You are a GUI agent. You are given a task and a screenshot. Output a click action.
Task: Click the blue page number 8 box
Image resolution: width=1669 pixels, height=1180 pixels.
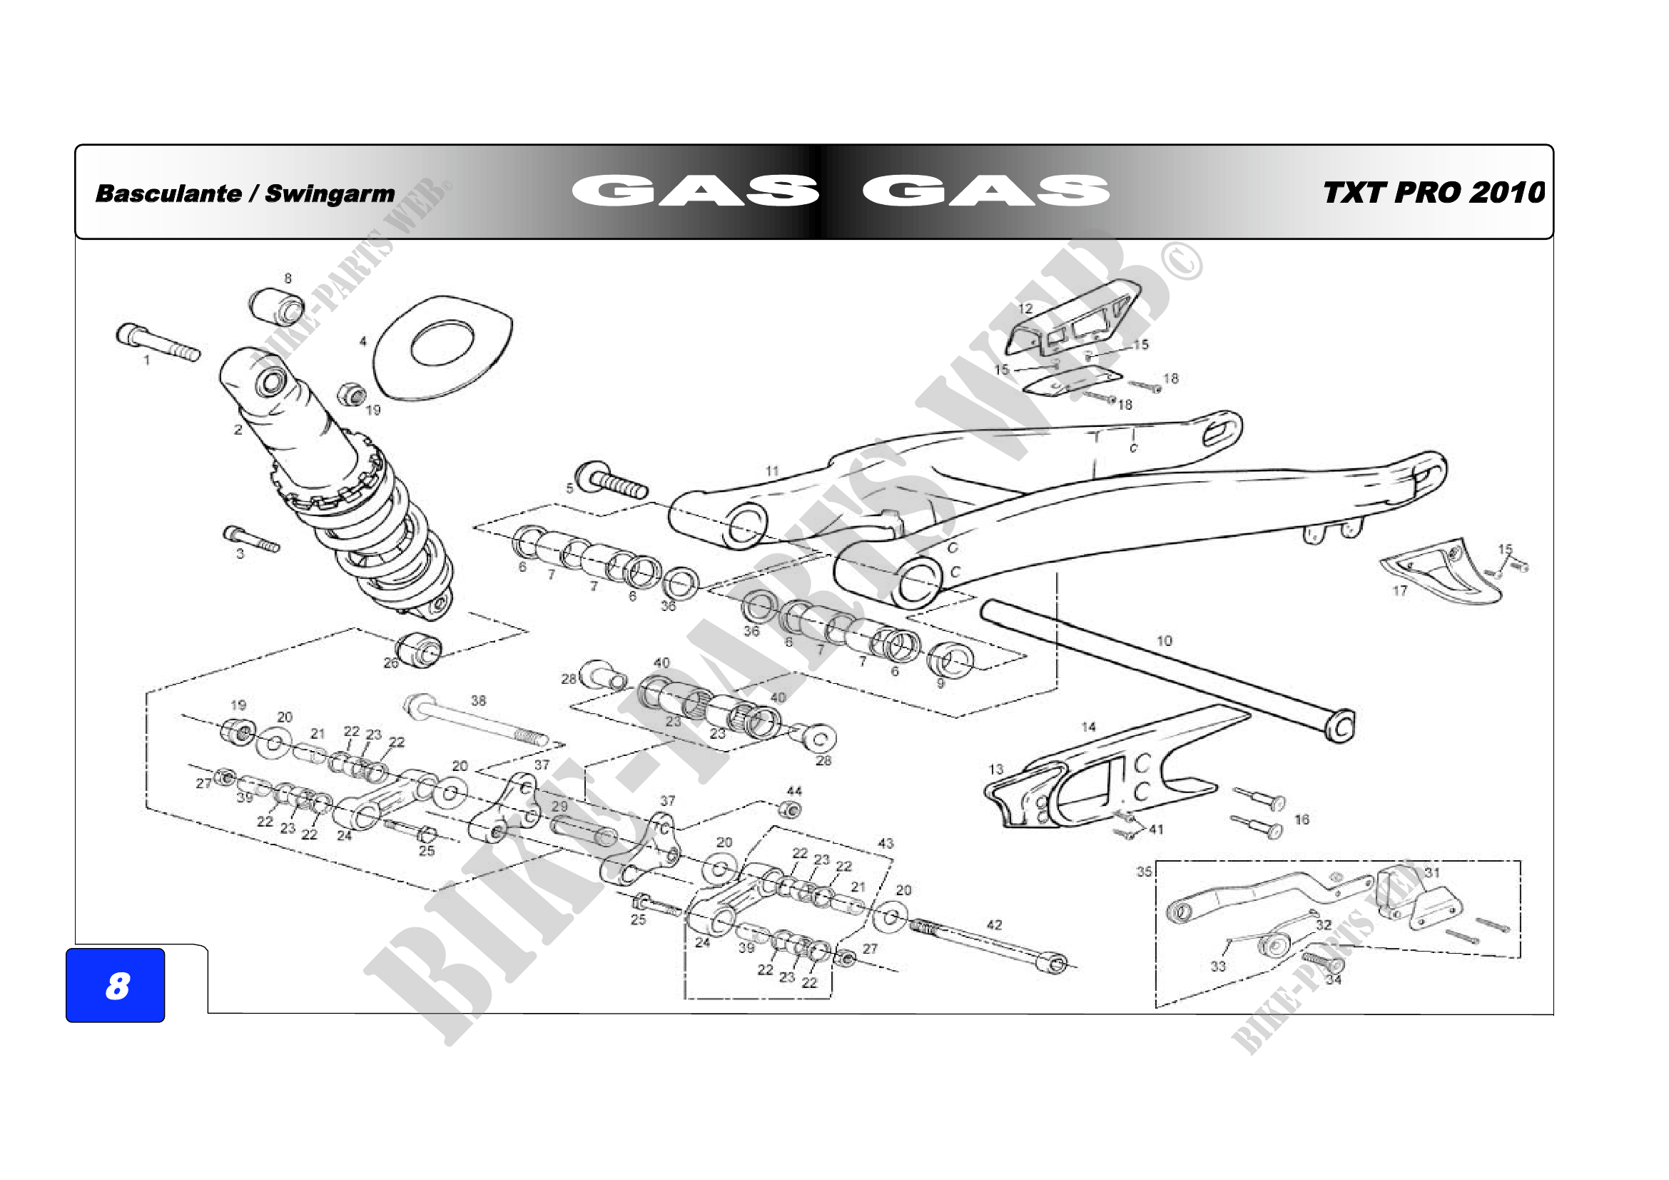pyautogui.click(x=115, y=985)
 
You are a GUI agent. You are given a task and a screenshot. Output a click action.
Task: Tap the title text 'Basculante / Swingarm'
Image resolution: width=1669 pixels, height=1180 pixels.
pyautogui.click(x=245, y=193)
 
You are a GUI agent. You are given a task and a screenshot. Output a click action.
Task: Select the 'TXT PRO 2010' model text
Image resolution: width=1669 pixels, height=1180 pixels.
pyautogui.click(x=1433, y=193)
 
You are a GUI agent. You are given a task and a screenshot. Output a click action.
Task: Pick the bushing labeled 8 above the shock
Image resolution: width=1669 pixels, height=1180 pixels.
pyautogui.click(x=276, y=308)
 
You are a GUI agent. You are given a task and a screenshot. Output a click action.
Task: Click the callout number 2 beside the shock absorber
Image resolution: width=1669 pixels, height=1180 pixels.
pyautogui.click(x=238, y=430)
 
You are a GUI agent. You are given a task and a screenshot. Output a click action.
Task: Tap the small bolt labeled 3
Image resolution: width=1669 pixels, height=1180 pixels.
pyautogui.click(x=250, y=540)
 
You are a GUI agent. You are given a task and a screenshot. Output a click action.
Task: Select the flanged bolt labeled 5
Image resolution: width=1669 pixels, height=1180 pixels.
pyautogui.click(x=611, y=480)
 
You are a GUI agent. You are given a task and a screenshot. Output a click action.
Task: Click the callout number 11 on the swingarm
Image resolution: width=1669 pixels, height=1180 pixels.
pyautogui.click(x=772, y=471)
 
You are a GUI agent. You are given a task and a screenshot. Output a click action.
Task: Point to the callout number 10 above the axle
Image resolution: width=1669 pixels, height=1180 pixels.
pyautogui.click(x=1165, y=640)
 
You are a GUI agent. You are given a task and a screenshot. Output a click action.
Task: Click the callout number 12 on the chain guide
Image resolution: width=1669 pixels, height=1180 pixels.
pyautogui.click(x=1025, y=308)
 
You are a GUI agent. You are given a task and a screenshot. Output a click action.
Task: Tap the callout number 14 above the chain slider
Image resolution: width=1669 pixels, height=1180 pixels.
pyautogui.click(x=1088, y=726)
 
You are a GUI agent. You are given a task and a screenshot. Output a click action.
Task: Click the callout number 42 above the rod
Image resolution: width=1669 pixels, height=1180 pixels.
pyautogui.click(x=995, y=925)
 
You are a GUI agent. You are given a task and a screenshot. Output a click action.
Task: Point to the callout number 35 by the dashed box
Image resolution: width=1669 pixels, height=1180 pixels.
pyautogui.click(x=1144, y=871)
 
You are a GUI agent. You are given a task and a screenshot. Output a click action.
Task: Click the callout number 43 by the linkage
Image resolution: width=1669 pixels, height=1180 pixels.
pyautogui.click(x=886, y=843)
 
